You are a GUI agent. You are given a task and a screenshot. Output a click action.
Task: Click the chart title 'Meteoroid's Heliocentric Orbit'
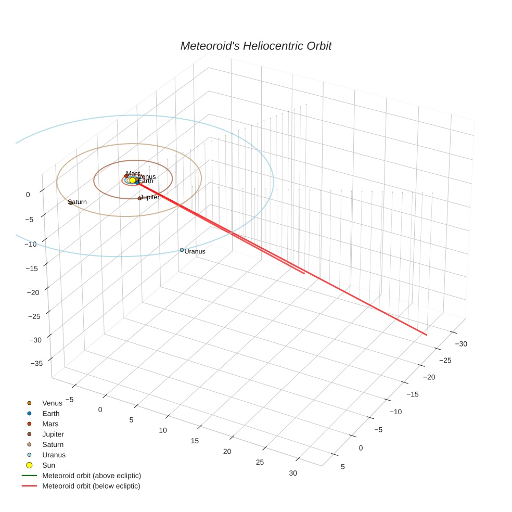[x=255, y=46]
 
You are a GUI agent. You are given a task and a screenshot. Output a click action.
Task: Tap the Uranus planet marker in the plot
[x=182, y=250]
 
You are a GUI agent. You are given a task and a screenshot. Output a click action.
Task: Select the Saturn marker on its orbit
[x=71, y=202]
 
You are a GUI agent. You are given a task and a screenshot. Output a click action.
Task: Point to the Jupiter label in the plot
[x=150, y=197]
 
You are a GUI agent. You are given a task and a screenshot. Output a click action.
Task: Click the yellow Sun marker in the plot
[x=132, y=180]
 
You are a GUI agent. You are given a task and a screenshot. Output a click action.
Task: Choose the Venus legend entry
[x=52, y=403]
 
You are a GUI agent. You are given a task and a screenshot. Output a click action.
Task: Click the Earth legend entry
[x=51, y=414]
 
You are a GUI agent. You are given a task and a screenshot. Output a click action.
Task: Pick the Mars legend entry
[x=50, y=424]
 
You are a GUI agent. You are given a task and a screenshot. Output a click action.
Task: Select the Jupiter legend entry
[x=53, y=434]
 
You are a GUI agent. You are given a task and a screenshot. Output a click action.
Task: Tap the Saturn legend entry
[x=53, y=445]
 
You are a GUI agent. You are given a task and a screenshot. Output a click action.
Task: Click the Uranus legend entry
[x=54, y=455]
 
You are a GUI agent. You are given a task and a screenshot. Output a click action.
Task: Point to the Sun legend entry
[x=48, y=465]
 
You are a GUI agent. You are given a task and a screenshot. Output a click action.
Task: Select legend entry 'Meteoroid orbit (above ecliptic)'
[x=92, y=476]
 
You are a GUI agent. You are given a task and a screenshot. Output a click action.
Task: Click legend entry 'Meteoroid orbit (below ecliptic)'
[x=91, y=486]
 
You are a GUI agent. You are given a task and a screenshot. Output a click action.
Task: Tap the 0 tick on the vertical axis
[x=28, y=194]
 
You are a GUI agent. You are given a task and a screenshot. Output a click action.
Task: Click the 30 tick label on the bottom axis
[x=293, y=473]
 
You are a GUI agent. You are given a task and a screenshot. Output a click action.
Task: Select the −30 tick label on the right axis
[x=461, y=343]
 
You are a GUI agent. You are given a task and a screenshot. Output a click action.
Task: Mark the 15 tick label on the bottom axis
[x=195, y=441]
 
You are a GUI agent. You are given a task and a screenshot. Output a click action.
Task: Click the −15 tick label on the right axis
[x=411, y=394]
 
